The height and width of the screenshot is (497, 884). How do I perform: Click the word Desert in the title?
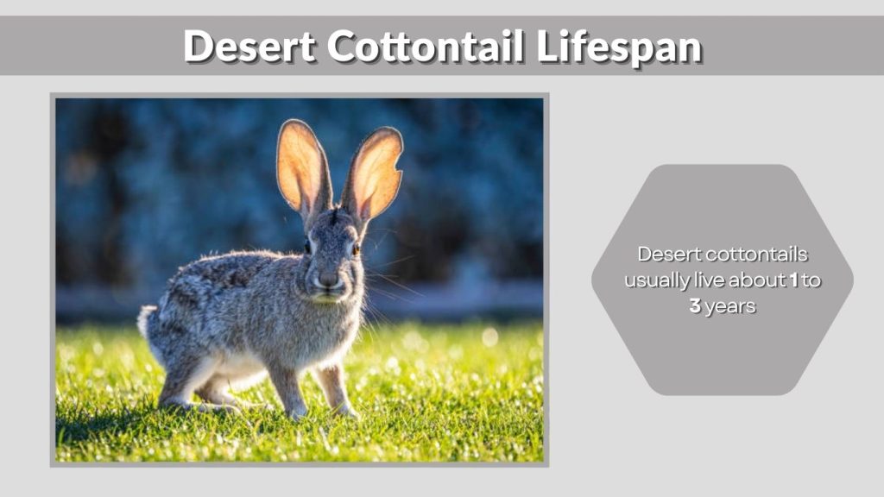[249, 46]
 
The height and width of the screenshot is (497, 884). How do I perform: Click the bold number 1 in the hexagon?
[793, 280]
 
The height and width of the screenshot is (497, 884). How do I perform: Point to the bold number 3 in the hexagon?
[695, 306]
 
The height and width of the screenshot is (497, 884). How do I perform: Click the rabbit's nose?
[328, 279]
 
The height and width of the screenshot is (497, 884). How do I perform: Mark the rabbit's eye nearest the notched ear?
[355, 248]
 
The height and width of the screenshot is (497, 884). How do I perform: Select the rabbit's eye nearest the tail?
[307, 247]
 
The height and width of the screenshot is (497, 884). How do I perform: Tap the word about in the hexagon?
[755, 280]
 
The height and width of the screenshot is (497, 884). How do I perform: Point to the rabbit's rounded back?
[216, 267]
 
